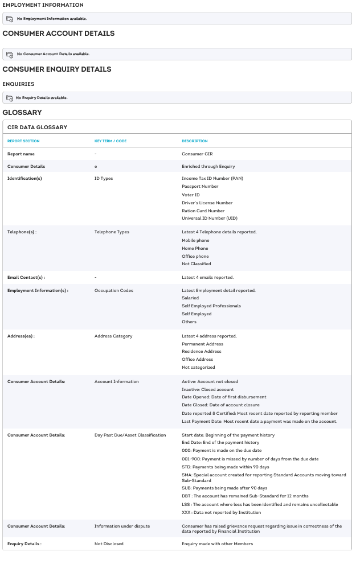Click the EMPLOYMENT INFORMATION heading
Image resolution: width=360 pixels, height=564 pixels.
43,5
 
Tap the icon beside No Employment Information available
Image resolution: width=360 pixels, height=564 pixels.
10,19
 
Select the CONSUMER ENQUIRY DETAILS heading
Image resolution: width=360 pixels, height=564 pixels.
57,69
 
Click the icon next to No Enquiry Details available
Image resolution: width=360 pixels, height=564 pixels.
10,98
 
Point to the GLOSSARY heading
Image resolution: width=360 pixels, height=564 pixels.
22,113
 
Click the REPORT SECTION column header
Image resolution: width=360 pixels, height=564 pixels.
23,141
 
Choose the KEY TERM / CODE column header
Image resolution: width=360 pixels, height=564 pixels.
111,141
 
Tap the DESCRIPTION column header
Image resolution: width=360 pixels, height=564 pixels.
195,141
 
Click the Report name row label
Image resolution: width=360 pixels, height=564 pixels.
21,154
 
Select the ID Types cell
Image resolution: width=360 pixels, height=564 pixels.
104,178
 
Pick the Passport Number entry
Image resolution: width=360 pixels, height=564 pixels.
200,186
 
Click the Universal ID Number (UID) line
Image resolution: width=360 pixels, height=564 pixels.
210,218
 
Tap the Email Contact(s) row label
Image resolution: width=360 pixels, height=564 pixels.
26,277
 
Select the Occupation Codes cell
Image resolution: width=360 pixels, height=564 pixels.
114,290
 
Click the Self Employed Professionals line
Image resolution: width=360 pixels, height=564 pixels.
211,306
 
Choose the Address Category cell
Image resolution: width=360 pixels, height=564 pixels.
113,336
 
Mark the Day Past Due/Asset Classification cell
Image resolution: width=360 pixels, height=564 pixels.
130,435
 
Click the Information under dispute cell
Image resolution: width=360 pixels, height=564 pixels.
122,526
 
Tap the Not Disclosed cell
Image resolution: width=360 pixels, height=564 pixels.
109,544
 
